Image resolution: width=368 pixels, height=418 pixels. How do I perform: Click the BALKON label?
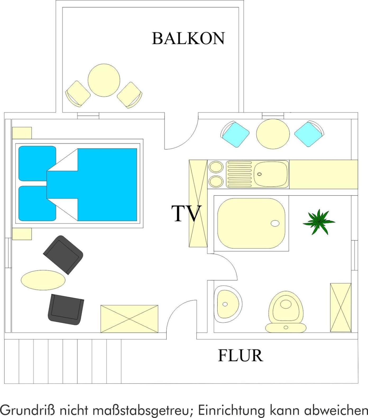pyautogui.click(x=188, y=38)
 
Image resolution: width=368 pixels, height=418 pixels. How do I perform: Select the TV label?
pyautogui.click(x=186, y=213)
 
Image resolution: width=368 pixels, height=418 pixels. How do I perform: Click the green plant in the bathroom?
pyautogui.click(x=319, y=222)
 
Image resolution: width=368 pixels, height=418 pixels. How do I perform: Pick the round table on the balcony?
pyautogui.click(x=104, y=80)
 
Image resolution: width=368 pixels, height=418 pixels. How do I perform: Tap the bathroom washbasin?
pyautogui.click(x=228, y=304)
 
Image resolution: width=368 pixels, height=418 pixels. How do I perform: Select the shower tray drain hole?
pyautogui.click(x=275, y=223)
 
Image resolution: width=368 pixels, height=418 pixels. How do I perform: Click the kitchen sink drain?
pyautogui.click(x=260, y=174)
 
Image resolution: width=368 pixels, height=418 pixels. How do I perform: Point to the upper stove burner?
pyautogui.click(x=216, y=167)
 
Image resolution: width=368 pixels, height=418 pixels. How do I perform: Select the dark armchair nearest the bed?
pyautogui.click(x=63, y=255)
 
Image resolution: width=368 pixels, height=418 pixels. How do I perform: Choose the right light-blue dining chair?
pyautogui.click(x=309, y=134)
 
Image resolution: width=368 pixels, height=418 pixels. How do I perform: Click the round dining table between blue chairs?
pyautogui.click(x=273, y=133)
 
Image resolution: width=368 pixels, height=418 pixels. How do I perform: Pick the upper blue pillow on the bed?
pyautogui.click(x=37, y=163)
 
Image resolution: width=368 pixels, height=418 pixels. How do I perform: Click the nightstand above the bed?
pyautogui.click(x=22, y=133)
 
